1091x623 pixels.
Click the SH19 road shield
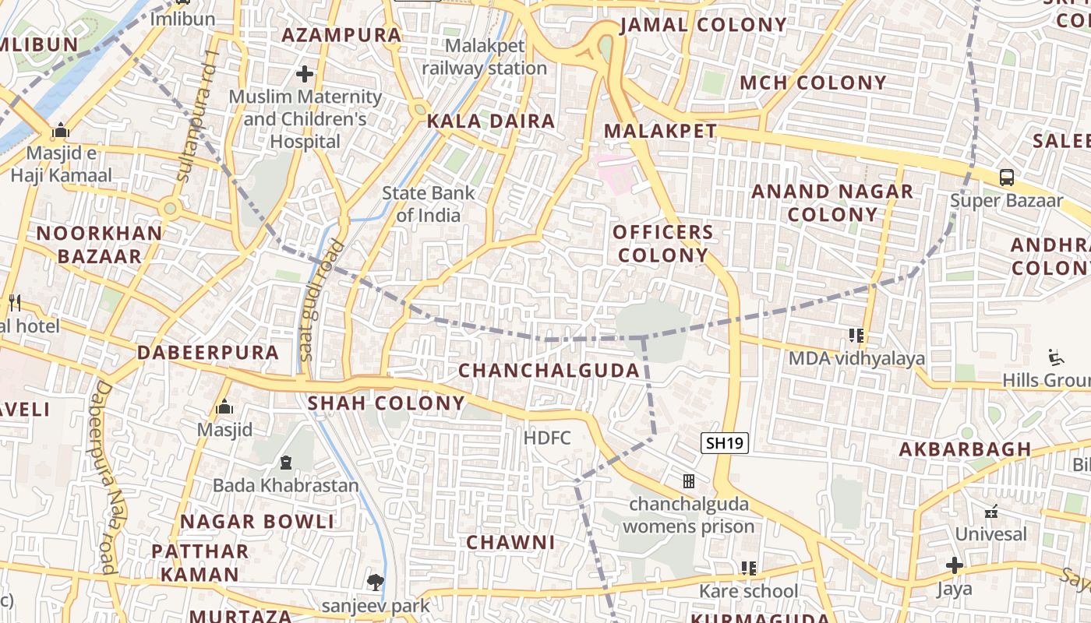pos(725,444)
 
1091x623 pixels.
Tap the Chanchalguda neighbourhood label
pos(549,371)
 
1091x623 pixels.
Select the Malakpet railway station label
pos(484,57)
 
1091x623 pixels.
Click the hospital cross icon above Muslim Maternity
pos(305,74)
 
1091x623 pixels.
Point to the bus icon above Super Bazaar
pos(1007,177)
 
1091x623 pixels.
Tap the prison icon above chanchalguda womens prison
pos(689,481)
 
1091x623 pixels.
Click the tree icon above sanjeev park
pos(376,582)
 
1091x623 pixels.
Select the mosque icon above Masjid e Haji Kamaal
pos(60,130)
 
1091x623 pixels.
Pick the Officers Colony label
pos(662,243)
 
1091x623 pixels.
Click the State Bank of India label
pos(428,204)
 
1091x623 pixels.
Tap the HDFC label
pos(547,438)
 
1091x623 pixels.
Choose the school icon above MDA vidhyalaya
pos(856,336)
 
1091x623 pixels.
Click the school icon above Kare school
pos(749,568)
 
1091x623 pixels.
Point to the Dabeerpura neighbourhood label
pos(208,353)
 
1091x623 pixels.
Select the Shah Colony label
pos(386,403)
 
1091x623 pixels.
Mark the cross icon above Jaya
pos(954,565)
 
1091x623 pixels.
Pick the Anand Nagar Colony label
pos(831,202)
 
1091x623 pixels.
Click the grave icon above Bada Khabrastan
pos(285,463)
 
